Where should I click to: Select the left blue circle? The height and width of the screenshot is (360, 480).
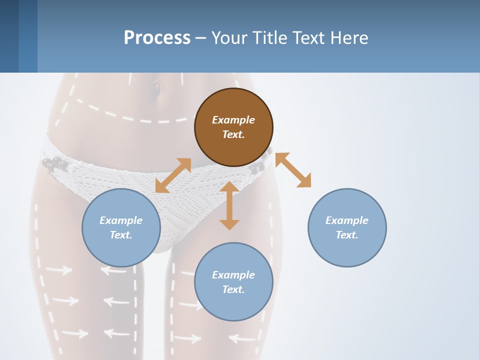[x=121, y=227]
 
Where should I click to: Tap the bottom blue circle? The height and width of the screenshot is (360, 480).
[x=233, y=282]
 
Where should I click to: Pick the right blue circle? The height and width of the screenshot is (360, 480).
[x=347, y=227]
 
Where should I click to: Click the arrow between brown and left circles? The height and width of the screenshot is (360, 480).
[x=173, y=175]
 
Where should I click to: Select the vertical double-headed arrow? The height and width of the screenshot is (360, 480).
[x=229, y=205]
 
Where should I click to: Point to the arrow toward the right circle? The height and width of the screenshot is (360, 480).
[x=293, y=170]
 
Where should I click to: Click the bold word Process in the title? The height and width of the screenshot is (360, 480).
[x=157, y=37]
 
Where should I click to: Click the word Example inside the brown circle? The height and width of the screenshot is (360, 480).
[x=233, y=120]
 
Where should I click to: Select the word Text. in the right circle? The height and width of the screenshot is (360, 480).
[x=347, y=235]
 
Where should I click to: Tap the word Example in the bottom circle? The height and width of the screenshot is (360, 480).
[x=233, y=275]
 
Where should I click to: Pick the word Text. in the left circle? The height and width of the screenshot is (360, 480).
[x=121, y=235]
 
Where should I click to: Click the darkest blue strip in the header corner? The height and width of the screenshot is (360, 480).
[x=9, y=36]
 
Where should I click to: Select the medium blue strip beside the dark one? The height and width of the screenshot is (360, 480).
[x=28, y=36]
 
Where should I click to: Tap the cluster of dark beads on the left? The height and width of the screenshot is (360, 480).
[x=53, y=163]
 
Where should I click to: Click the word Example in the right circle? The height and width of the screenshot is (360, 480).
[x=347, y=220]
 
